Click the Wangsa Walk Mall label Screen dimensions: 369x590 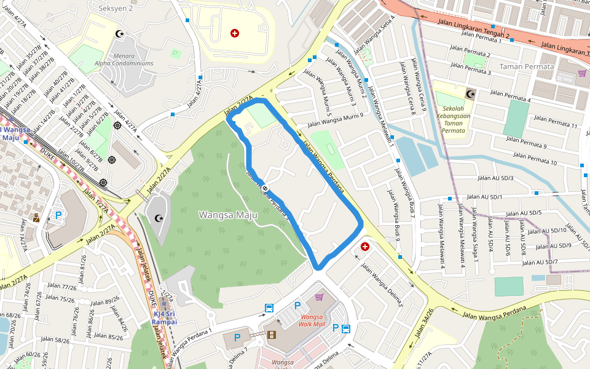(x=312, y=320)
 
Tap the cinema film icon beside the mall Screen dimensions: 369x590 (x=272, y=335)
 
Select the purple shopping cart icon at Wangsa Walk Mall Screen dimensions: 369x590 (x=319, y=297)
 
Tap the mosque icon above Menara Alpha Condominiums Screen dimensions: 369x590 (x=120, y=33)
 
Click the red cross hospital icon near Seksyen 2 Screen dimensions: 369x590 (x=235, y=33)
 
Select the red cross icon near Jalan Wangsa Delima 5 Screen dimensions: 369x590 (x=365, y=247)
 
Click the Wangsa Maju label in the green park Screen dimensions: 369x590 (x=227, y=215)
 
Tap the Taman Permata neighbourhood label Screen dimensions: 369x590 (x=527, y=66)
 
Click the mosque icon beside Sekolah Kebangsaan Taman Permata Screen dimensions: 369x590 (x=471, y=94)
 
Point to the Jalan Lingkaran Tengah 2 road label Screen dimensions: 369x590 (x=473, y=28)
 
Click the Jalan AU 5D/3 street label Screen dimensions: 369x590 (x=495, y=178)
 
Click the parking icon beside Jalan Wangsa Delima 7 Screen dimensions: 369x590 (x=236, y=338)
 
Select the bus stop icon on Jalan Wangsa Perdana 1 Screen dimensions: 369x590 (x=269, y=308)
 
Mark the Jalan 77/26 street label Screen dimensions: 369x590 (x=60, y=287)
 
